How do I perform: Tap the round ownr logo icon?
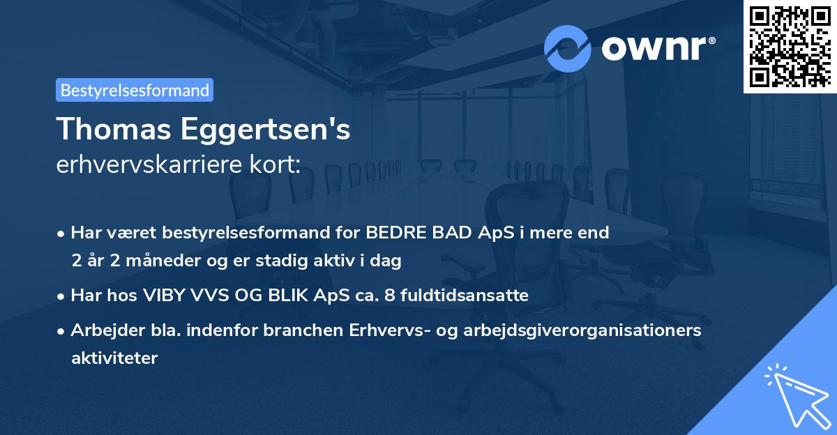(x=568, y=48)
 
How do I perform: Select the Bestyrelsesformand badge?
(x=135, y=90)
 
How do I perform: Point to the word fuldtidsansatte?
(x=471, y=296)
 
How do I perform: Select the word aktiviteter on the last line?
(x=114, y=358)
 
